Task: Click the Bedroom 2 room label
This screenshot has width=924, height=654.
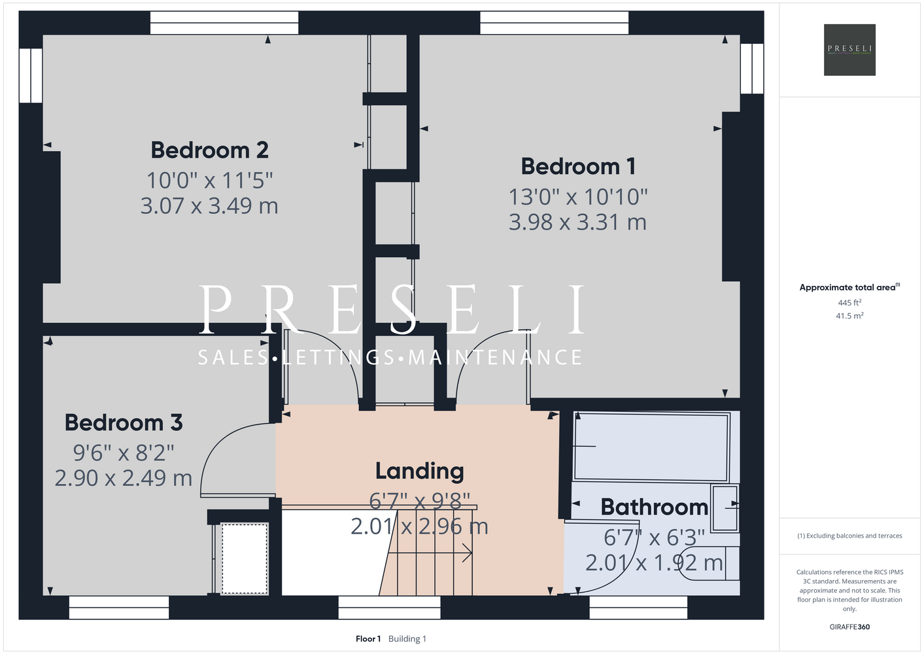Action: [209, 150]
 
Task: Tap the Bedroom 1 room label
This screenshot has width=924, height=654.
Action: [578, 167]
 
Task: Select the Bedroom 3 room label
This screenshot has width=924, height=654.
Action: [124, 423]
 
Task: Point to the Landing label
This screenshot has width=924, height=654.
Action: [420, 472]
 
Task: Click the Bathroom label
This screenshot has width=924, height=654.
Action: [654, 507]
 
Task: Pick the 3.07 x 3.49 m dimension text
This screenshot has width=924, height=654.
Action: [209, 206]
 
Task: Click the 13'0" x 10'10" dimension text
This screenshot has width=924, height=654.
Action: [578, 197]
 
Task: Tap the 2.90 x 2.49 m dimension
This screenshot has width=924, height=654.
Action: [124, 478]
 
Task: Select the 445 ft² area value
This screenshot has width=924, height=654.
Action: [849, 302]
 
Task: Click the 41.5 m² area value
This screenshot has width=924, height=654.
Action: [849, 316]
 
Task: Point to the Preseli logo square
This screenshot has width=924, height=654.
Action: [849, 50]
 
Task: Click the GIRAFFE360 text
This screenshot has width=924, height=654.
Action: [849, 627]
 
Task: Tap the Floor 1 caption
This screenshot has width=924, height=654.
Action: [368, 639]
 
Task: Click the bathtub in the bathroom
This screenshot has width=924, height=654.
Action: [651, 447]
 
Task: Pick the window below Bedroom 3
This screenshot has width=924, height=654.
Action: [119, 608]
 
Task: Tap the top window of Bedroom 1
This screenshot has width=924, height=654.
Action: [554, 23]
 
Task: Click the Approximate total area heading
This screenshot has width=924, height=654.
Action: [849, 287]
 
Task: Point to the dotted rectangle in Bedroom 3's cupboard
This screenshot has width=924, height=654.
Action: [245, 559]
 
